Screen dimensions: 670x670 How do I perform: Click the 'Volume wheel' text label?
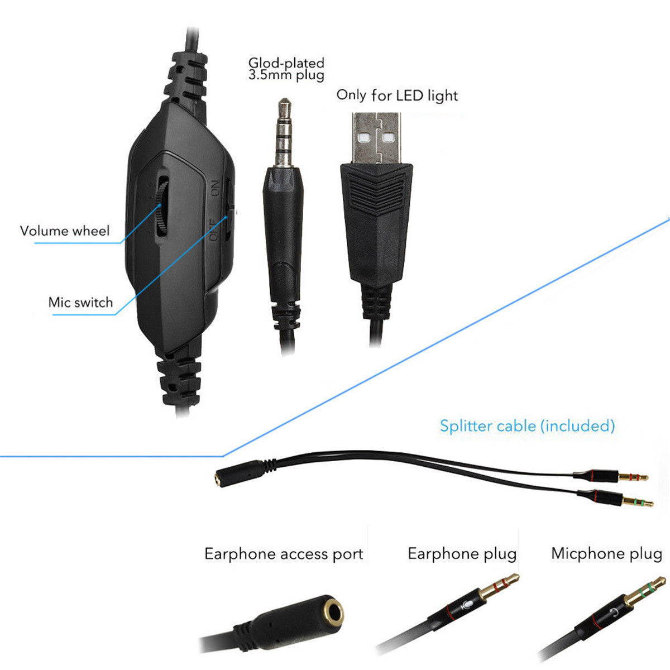pos(65,231)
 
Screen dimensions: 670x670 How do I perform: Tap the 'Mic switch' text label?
pos(80,303)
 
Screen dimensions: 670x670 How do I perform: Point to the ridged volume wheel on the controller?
pos(162,208)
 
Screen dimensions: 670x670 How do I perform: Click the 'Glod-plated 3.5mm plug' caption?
pos(286,69)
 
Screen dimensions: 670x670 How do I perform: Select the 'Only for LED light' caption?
pos(397,95)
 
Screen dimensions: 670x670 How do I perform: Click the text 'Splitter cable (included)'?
pos(527,426)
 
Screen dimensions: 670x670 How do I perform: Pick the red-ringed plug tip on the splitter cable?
pos(634,477)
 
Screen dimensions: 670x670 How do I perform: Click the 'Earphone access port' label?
pos(284,554)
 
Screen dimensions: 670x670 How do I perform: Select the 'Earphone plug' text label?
pos(462,554)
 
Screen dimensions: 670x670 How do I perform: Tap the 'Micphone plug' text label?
pos(606,553)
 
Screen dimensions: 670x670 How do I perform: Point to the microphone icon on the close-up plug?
pos(467,605)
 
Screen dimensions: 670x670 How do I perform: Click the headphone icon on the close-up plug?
pos(612,613)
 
